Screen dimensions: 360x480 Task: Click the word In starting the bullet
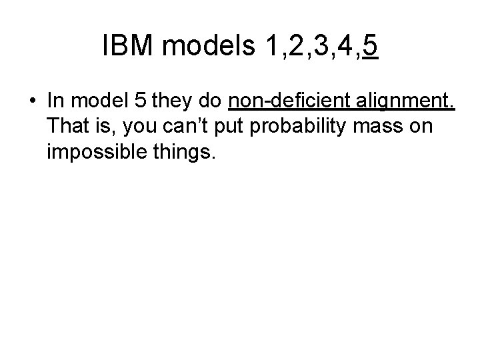tap(56, 102)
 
